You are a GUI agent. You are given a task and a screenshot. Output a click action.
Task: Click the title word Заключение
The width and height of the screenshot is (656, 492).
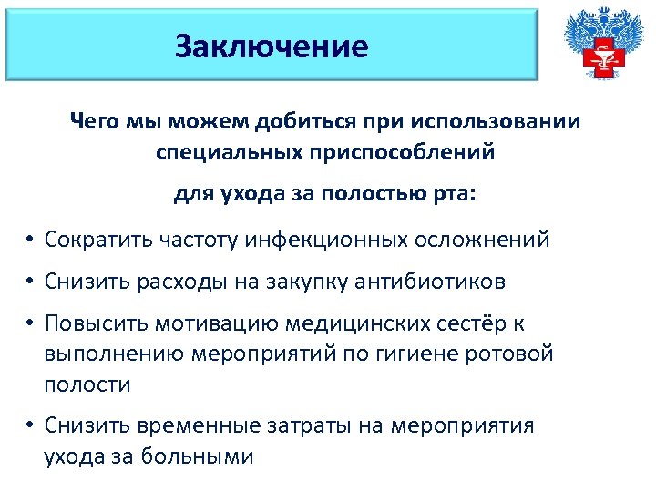[x=272, y=46]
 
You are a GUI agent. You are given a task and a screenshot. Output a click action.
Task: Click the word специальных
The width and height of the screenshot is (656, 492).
[x=224, y=152]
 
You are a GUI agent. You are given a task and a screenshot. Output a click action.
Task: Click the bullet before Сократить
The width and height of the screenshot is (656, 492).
[x=30, y=241]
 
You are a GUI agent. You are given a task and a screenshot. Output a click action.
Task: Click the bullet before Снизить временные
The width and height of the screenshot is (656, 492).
[x=30, y=426]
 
